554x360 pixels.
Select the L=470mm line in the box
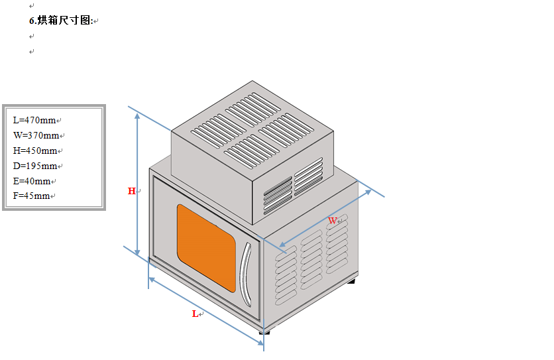click(x=34, y=120)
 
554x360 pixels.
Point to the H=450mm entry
click(x=35, y=150)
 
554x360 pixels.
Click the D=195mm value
click(x=35, y=166)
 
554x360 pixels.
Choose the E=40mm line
click(x=32, y=181)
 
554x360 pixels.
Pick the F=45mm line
click(x=32, y=196)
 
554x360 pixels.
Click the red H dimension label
click(x=131, y=191)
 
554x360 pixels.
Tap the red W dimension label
click(x=332, y=220)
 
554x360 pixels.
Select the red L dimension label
click(x=195, y=314)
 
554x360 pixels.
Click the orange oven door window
click(x=205, y=246)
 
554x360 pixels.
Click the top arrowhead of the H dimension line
click(x=137, y=116)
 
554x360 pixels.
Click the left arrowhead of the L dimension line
click(x=152, y=280)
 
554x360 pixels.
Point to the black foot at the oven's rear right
click(x=351, y=281)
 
